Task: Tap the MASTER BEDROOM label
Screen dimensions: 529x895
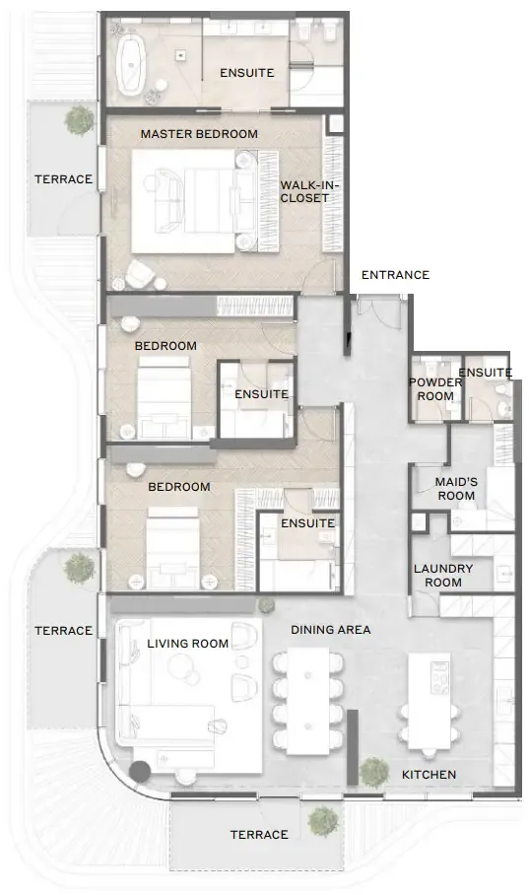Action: tap(199, 134)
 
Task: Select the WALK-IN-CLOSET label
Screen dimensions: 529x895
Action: tap(304, 192)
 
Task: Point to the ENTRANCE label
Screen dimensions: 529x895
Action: tap(395, 275)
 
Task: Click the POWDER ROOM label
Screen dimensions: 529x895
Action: tap(435, 389)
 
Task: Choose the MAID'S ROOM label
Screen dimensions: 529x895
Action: tap(456, 489)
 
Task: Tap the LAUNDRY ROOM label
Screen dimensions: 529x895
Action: tap(443, 576)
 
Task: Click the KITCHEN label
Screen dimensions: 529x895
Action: tap(430, 775)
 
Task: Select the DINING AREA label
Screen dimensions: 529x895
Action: tap(331, 630)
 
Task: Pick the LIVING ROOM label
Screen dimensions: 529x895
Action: tap(188, 644)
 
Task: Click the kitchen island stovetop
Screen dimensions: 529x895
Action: tap(440, 677)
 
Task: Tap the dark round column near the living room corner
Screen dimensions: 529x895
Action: tap(139, 772)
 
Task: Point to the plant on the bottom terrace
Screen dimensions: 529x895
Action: tap(322, 821)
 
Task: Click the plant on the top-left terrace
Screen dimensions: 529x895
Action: tap(80, 119)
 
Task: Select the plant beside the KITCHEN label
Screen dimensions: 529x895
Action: tap(374, 772)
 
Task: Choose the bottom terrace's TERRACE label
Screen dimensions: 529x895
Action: tap(259, 835)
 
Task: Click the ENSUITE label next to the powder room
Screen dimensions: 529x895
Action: tap(486, 373)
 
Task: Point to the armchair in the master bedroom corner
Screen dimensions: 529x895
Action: tap(139, 275)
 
